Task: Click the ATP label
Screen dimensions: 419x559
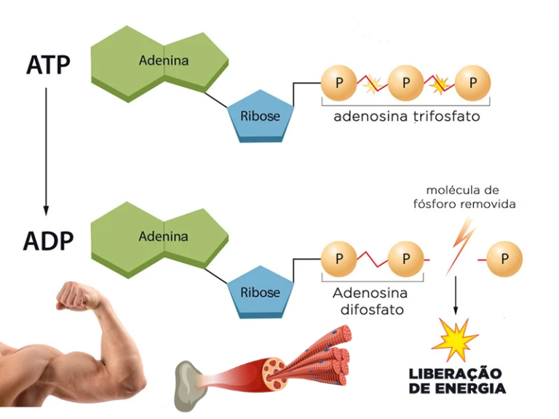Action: [x=49, y=65]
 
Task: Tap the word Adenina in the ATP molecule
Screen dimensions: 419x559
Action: [x=163, y=61]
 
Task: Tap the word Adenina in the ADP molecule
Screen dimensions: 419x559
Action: [x=163, y=236]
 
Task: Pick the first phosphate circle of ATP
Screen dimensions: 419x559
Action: [x=339, y=83]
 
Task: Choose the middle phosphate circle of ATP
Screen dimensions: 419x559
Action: [x=406, y=83]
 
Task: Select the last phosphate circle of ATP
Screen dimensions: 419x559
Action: [x=473, y=83]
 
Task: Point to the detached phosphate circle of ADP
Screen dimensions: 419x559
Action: [x=504, y=258]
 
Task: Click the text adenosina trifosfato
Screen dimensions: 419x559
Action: [x=406, y=116]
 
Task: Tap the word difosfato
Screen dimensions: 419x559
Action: [x=373, y=310]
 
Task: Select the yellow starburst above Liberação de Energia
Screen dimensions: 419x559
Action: [x=455, y=339]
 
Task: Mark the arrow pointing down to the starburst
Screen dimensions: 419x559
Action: [x=456, y=295]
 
